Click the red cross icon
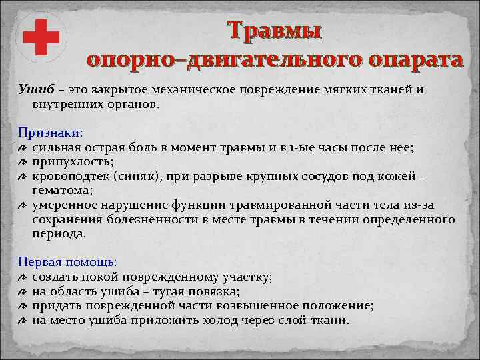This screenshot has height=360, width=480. (41, 37)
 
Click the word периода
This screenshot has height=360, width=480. (59, 234)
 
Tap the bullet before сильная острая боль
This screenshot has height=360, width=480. (22, 149)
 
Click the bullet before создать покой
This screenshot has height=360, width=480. (22, 278)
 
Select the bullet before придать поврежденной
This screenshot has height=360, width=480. (22, 307)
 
